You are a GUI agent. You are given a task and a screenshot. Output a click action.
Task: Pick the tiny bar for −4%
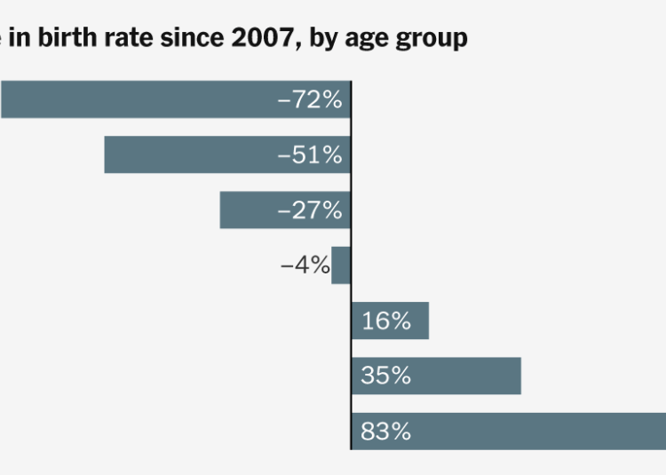pyautogui.click(x=341, y=265)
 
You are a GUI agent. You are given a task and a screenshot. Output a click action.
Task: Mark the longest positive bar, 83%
pyautogui.click(x=533, y=431)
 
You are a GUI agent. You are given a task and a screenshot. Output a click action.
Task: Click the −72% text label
pyautogui.click(x=310, y=99)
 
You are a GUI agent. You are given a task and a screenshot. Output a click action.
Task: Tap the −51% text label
pyautogui.click(x=310, y=154)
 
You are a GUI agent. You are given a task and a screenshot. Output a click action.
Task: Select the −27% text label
pyautogui.click(x=310, y=210)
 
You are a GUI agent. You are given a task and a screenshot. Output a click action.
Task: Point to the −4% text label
pyautogui.click(x=305, y=265)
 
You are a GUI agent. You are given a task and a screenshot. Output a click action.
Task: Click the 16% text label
pyautogui.click(x=386, y=321)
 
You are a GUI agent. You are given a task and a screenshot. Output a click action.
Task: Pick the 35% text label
pyautogui.click(x=386, y=376)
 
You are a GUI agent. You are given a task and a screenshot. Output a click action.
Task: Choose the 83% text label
pyautogui.click(x=386, y=431)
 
